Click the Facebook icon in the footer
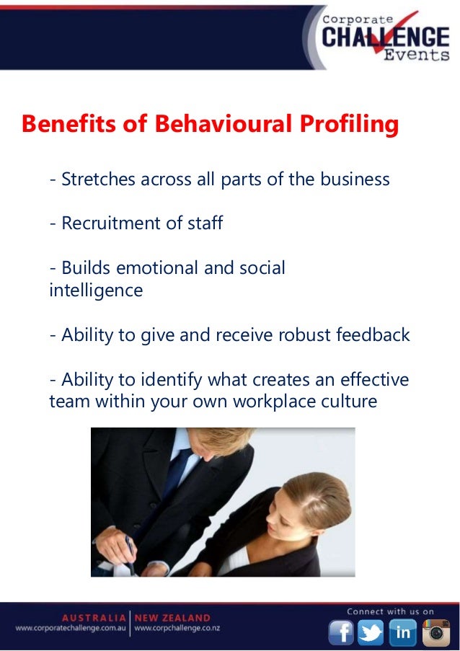click(x=341, y=632)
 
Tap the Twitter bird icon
click(x=371, y=632)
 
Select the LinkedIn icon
click(x=402, y=632)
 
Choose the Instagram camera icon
click(x=435, y=632)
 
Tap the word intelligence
click(x=96, y=291)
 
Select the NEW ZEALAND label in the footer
click(x=173, y=618)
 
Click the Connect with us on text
click(x=390, y=611)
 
